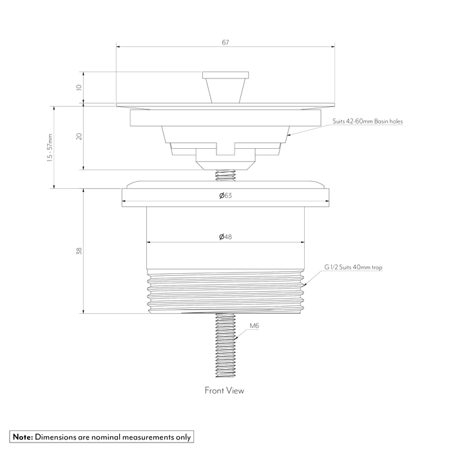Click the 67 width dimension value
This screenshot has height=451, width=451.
tap(225, 43)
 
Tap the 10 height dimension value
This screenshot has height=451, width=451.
tap(79, 87)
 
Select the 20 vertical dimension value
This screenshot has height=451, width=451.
tap(79, 136)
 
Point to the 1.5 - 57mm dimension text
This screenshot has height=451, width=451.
tap(50, 148)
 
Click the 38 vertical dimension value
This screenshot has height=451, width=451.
tap(79, 251)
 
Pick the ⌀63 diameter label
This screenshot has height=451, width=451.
tap(225, 196)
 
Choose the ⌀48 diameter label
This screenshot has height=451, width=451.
tap(225, 236)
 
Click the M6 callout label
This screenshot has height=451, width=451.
tap(254, 325)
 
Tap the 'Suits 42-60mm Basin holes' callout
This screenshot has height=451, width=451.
tap(368, 121)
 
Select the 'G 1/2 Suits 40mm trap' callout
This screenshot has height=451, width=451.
tap(353, 267)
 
